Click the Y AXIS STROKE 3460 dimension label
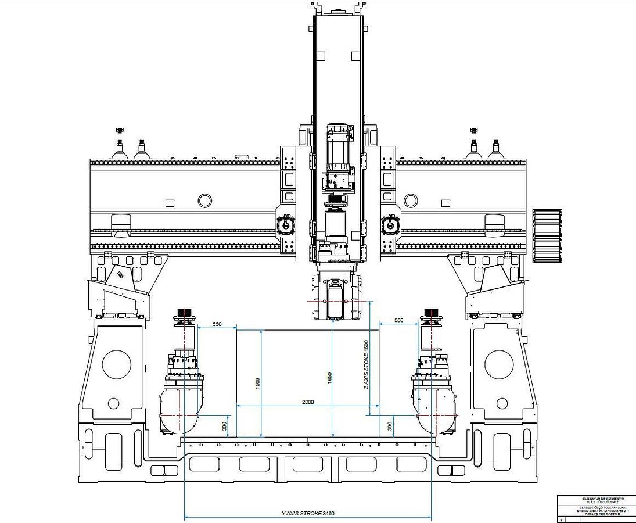coord(307,514)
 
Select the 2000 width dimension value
coord(308,402)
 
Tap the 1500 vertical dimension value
coord(257,384)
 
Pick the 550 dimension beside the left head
coord(217,323)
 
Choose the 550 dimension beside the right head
coord(398,321)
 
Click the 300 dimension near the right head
coord(390,426)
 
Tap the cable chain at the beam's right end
coord(547,235)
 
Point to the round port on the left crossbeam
coord(204,201)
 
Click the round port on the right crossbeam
coord(411,201)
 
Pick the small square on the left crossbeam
coord(170,203)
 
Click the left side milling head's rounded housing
coord(181,410)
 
